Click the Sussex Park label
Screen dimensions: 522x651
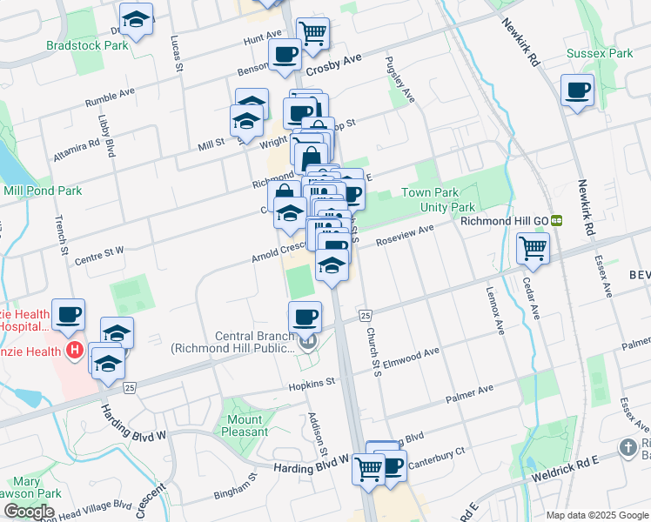point(600,53)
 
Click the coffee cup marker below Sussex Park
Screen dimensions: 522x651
point(578,90)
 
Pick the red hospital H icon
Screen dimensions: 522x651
point(75,351)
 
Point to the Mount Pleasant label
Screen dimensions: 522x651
point(246,425)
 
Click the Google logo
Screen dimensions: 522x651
point(29,512)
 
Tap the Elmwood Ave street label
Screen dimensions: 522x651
point(412,356)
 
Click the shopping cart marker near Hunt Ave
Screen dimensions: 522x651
point(312,33)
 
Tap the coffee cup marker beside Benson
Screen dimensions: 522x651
point(285,55)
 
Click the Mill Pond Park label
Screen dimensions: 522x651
point(43,191)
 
